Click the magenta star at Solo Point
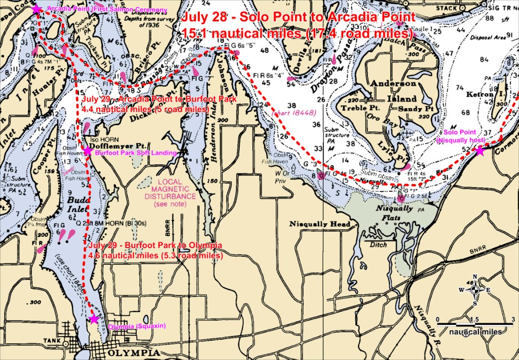point(479,150)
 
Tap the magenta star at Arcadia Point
point(36,9)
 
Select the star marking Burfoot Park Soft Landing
point(88,151)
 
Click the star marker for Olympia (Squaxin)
point(93,319)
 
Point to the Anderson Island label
point(393,91)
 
